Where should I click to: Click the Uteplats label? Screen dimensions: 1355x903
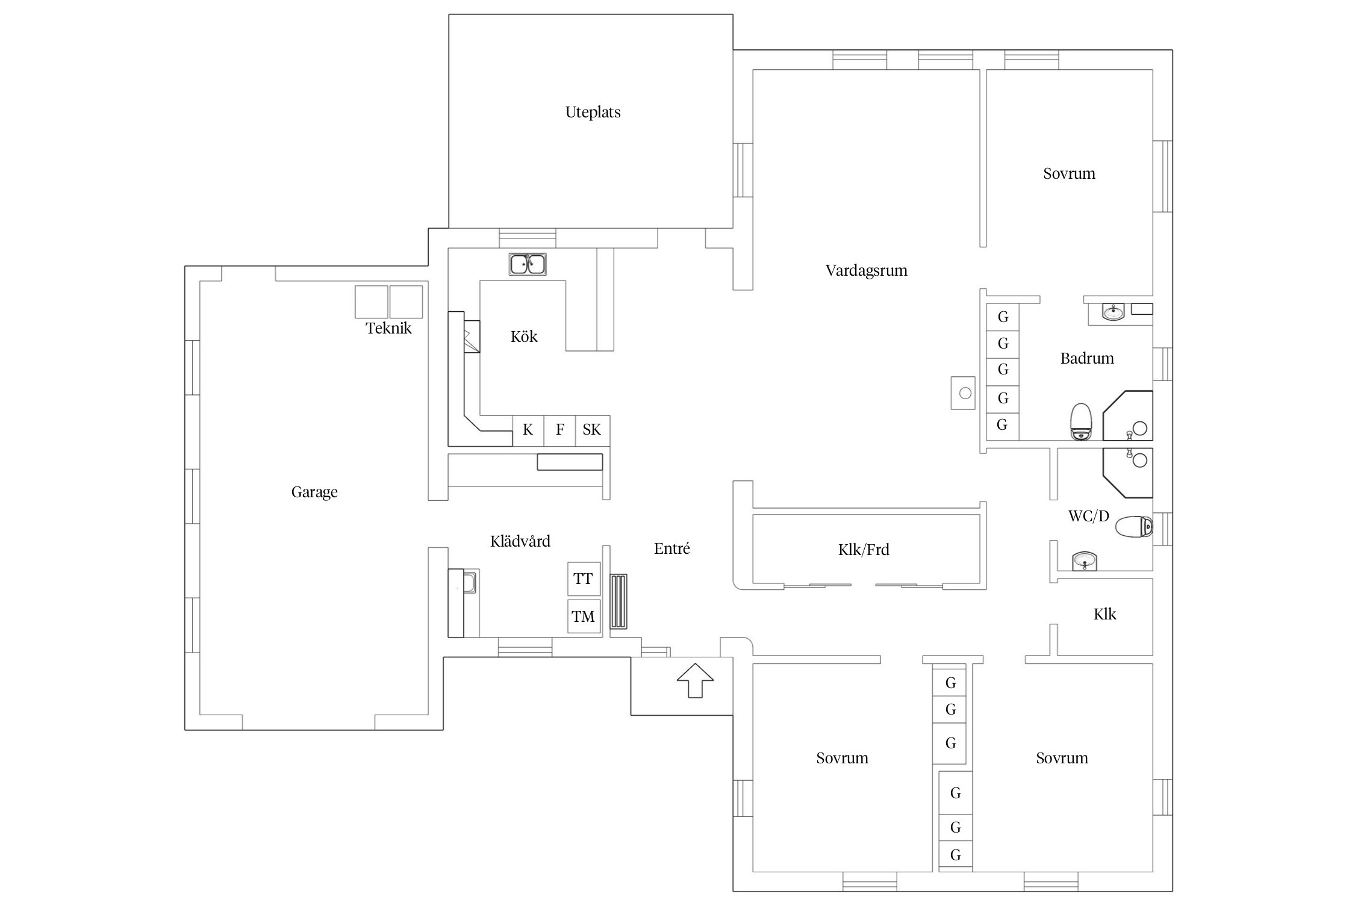[593, 113]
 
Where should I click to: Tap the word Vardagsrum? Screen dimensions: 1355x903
[866, 271]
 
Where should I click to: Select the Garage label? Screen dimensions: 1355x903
[314, 492]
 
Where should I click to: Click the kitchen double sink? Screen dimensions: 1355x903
[528, 264]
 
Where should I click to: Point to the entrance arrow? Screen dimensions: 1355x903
[695, 680]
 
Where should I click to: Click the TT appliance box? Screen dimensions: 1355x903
[584, 579]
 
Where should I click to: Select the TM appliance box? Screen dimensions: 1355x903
[584, 616]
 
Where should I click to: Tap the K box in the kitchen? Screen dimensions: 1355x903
[528, 430]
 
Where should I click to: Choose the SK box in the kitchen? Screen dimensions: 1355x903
[592, 430]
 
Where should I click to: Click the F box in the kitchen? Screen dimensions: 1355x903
[560, 430]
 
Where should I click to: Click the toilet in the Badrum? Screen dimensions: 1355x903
[1081, 421]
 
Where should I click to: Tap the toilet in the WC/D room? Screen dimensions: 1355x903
[1133, 526]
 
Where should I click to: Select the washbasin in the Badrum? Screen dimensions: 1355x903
[1114, 312]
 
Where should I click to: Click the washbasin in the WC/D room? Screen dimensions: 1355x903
[1085, 562]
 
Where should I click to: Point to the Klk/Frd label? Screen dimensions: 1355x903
[864, 550]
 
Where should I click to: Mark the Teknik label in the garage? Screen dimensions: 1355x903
[388, 329]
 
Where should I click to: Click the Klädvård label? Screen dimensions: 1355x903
[520, 541]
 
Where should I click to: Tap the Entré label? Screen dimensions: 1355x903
[672, 548]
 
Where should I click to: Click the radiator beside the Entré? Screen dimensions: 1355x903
[618, 601]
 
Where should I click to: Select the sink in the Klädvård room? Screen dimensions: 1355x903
[469, 582]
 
